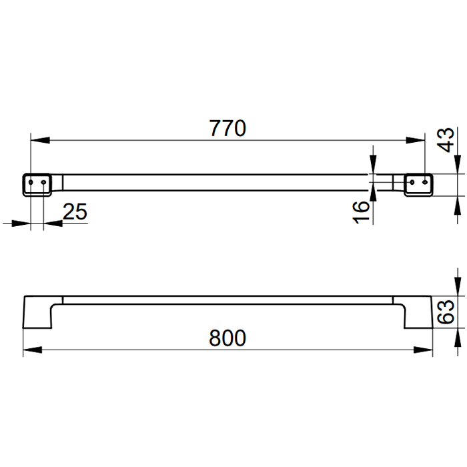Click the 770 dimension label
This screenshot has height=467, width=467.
pos(227,128)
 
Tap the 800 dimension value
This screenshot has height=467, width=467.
pos(227,338)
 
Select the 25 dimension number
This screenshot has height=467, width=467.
pos(75,211)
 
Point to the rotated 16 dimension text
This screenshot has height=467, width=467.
pos(361,211)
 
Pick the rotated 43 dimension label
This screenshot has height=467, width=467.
pos(446,140)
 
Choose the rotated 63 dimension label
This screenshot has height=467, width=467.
pos(446,312)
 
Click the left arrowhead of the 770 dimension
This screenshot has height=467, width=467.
pos(40,140)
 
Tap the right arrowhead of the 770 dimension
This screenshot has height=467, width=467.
pos(416,140)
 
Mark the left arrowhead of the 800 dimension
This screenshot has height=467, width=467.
pos(33,350)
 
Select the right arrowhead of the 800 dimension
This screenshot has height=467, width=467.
pos(423,350)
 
